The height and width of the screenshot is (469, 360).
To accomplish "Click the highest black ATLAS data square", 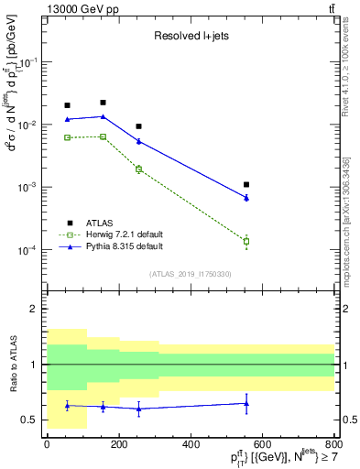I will point(103,103).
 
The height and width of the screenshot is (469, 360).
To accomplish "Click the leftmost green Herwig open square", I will point(67,137).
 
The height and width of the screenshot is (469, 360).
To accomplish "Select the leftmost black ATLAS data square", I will point(67,105).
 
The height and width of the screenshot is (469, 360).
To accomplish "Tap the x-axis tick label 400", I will point(191,444).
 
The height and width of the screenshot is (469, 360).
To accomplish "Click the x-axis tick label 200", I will point(119,444).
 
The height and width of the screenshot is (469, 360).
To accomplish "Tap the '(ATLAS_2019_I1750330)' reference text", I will point(190,274).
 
